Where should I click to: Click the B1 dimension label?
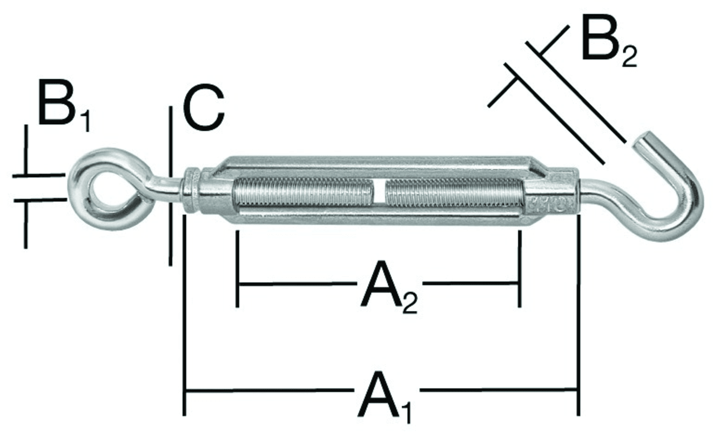[x=64, y=106]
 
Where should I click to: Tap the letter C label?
[x=204, y=107]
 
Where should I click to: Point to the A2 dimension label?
[x=389, y=287]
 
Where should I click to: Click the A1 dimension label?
[x=384, y=397]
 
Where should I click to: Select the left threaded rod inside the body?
[x=303, y=192]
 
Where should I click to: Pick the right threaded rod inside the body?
[x=455, y=192]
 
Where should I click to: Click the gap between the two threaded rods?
[x=379, y=192]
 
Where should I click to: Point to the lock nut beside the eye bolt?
[x=191, y=190]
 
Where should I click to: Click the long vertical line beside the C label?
[x=171, y=186]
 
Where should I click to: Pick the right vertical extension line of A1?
[x=578, y=315]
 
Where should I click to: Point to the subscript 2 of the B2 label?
[x=629, y=57]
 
